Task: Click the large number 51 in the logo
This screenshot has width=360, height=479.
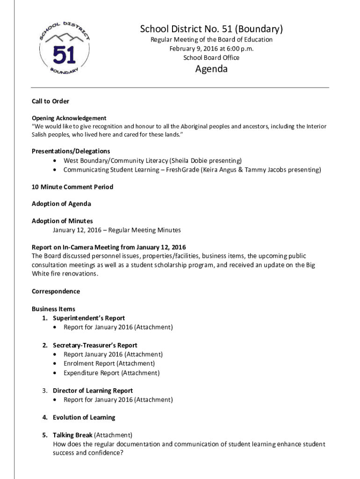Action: pos(64,56)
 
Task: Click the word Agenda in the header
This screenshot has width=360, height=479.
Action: pos(211,69)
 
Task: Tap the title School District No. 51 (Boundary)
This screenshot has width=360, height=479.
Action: pos(211,29)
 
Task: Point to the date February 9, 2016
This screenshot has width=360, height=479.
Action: pos(193,49)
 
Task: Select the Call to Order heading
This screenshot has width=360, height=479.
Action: pos(50,101)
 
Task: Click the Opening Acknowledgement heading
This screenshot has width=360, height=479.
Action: pos(69,118)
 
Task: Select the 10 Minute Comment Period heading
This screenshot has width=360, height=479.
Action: pos(72,187)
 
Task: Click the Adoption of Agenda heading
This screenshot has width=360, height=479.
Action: pos(61,203)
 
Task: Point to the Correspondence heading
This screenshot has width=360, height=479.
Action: pos(56,291)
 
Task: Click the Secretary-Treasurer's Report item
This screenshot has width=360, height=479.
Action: pos(95,345)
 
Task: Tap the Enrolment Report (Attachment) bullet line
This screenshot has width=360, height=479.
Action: pos(109,363)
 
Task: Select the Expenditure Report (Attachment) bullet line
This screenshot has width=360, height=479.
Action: pos(111,373)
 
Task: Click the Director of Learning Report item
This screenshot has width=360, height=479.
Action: pos(93,391)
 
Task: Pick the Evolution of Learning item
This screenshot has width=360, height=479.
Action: pos(84,417)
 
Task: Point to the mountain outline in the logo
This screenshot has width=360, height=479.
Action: pos(64,38)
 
